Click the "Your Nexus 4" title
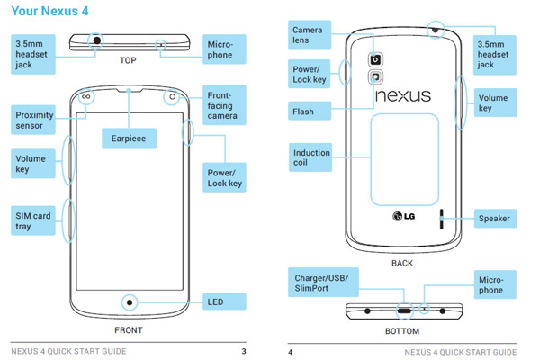click(49, 11)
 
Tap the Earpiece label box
click(129, 139)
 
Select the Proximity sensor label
click(33, 120)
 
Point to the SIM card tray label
click(33, 220)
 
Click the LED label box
click(224, 301)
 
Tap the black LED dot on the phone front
click(130, 302)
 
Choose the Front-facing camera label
click(224, 105)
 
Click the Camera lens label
click(310, 35)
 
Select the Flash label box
click(310, 111)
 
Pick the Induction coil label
click(310, 157)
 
